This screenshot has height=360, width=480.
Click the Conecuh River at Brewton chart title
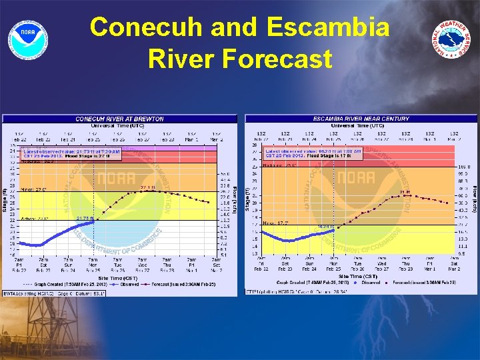coord(119,119)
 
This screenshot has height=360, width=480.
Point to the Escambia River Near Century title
coord(361,119)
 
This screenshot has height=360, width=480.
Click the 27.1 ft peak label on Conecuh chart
coord(148,189)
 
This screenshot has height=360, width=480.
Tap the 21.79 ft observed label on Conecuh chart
coord(85,218)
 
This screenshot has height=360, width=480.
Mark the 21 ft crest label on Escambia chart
coord(404,192)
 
